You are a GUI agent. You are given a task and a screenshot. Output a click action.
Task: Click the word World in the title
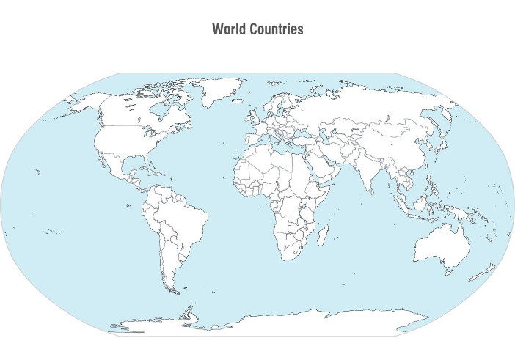[227, 29]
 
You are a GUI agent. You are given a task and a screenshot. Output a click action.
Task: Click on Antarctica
[293, 323]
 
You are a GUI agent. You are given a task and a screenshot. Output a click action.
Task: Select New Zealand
[484, 273]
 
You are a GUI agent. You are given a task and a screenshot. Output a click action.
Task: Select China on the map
[392, 147]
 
